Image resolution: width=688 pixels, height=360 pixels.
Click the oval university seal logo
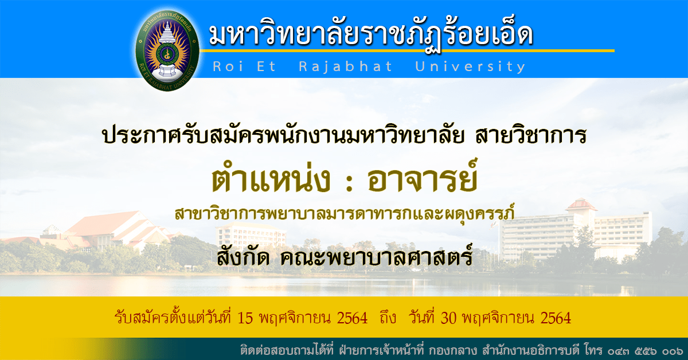pyautogui.click(x=167, y=50)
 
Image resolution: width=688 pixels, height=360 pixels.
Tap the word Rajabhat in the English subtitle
pyautogui.click(x=346, y=66)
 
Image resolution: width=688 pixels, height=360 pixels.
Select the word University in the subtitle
pyautogui.click(x=470, y=66)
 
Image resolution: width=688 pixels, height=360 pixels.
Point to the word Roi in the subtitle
pyautogui.click(x=228, y=66)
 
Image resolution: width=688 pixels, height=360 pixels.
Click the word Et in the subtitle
pyautogui.click(x=266, y=66)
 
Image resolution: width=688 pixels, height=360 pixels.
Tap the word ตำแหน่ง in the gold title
pyautogui.click(x=271, y=179)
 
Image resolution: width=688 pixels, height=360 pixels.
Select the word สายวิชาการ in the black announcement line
pyautogui.click(x=531, y=135)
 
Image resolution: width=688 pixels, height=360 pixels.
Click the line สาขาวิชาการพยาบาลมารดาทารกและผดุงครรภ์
pyautogui.click(x=345, y=213)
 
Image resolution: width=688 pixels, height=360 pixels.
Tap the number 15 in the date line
pyautogui.click(x=245, y=318)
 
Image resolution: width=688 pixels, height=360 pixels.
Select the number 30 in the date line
pyautogui.click(x=448, y=318)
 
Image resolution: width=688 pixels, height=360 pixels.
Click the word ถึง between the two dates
pyautogui.click(x=388, y=318)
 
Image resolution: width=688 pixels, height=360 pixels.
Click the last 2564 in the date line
pyautogui.click(x=556, y=318)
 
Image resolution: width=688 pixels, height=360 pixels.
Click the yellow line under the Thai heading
pyautogui.click(x=407, y=50)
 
